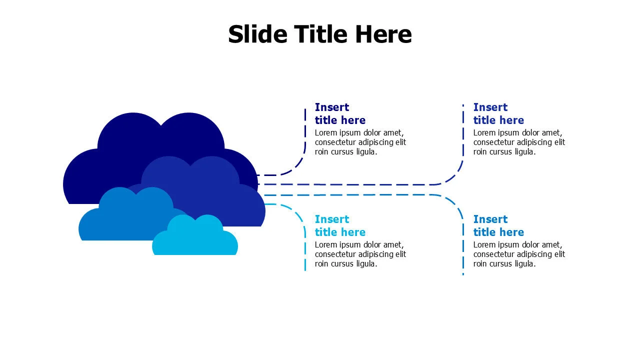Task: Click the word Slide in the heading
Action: point(257,34)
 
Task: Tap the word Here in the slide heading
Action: point(383,34)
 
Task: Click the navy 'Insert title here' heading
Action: point(340,113)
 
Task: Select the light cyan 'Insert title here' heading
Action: point(340,225)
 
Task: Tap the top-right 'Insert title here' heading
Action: point(498,113)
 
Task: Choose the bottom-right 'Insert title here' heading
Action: point(498,225)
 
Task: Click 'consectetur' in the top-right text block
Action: point(495,142)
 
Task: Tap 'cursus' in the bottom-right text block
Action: point(507,264)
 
